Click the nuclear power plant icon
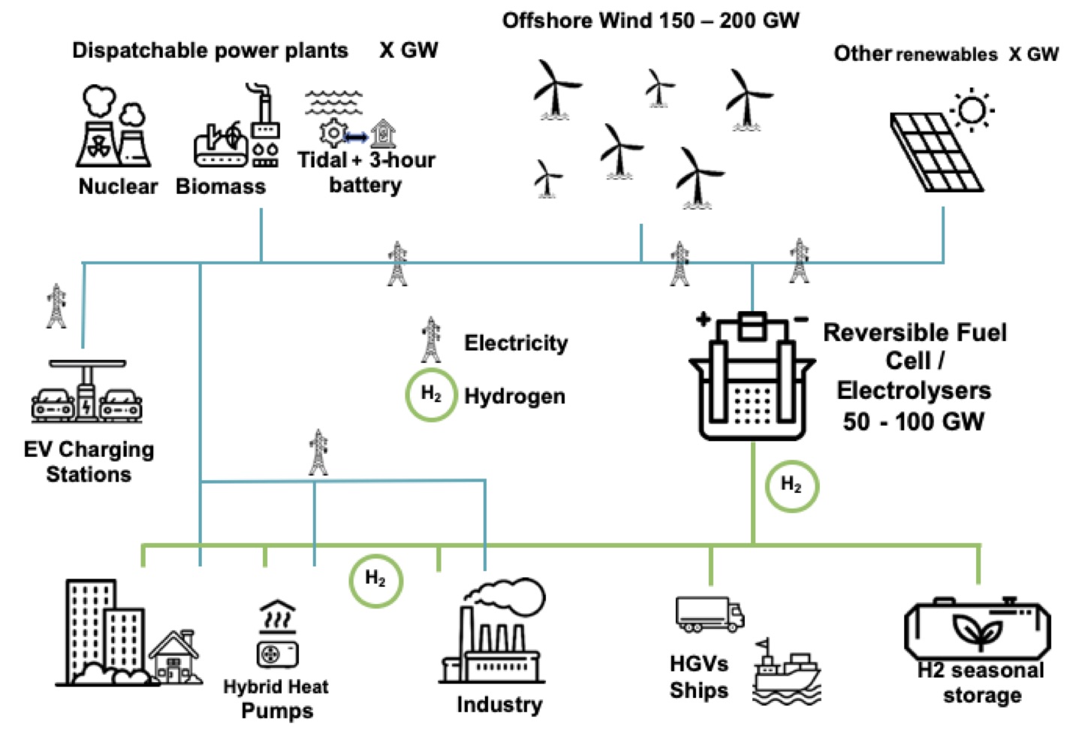113,127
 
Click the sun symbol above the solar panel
972,110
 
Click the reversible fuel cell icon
752,376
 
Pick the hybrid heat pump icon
278,635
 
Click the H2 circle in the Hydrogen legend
431,394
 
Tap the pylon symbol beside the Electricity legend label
431,340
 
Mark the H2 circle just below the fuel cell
791,485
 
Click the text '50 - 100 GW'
913,421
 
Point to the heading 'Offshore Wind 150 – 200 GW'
650,20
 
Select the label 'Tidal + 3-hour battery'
366,172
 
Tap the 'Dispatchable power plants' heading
210,50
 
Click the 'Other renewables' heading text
915,54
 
